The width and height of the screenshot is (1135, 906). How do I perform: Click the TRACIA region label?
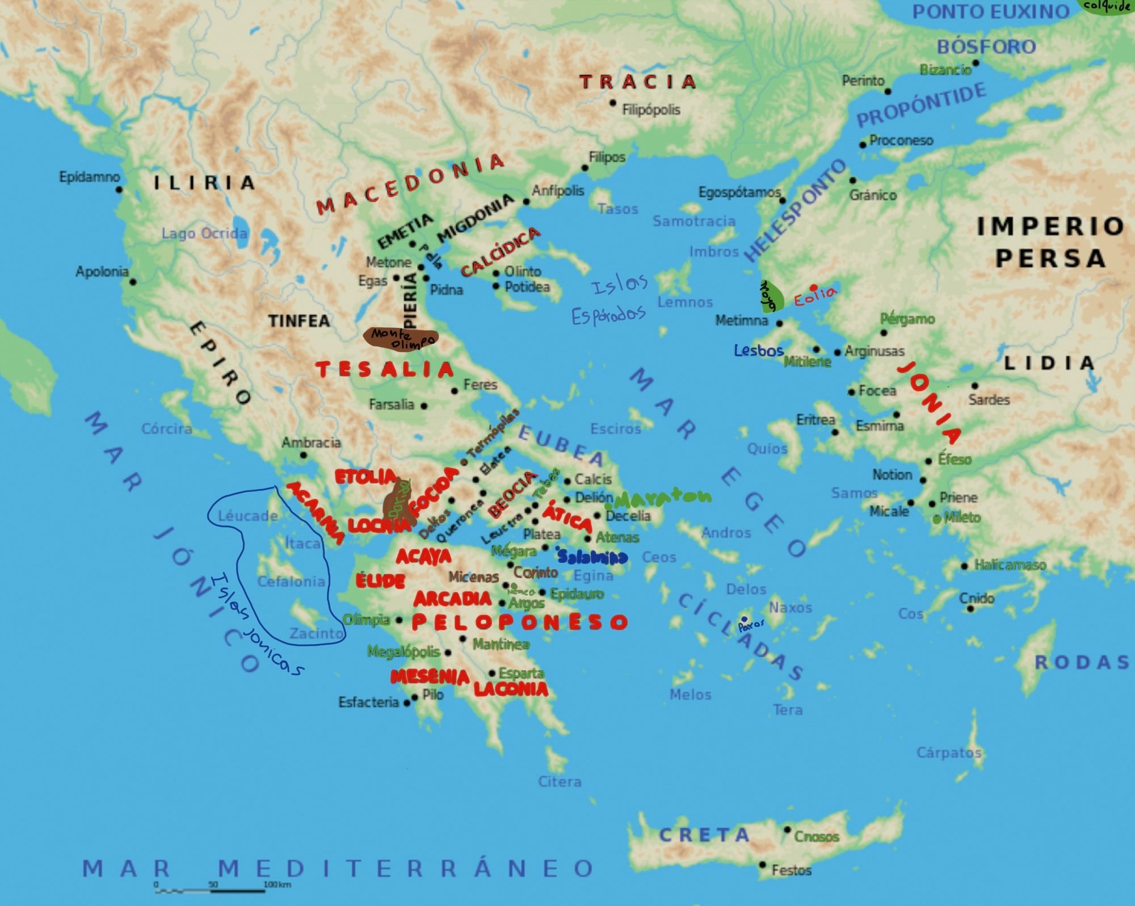pyautogui.click(x=638, y=82)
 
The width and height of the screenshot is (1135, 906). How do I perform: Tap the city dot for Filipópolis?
pyautogui.click(x=613, y=103)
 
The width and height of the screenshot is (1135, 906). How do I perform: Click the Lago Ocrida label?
pyautogui.click(x=204, y=233)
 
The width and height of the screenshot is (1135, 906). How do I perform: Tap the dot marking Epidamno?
pyautogui.click(x=119, y=189)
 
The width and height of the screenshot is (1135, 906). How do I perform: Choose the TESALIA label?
pyautogui.click(x=385, y=370)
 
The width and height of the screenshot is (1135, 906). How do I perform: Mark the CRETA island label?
pyautogui.click(x=704, y=835)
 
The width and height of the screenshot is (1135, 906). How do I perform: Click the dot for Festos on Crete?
pyautogui.click(x=763, y=865)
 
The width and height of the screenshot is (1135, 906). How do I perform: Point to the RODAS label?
pyautogui.click(x=1082, y=662)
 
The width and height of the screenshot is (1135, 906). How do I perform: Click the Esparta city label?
pyautogui.click(x=522, y=673)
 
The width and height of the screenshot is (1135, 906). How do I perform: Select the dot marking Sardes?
pyautogui.click(x=975, y=386)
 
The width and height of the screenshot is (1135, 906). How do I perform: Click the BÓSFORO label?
pyautogui.click(x=986, y=47)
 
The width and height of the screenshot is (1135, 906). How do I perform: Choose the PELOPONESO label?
pyautogui.click(x=519, y=622)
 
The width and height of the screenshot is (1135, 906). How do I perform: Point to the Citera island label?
pyautogui.click(x=560, y=782)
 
